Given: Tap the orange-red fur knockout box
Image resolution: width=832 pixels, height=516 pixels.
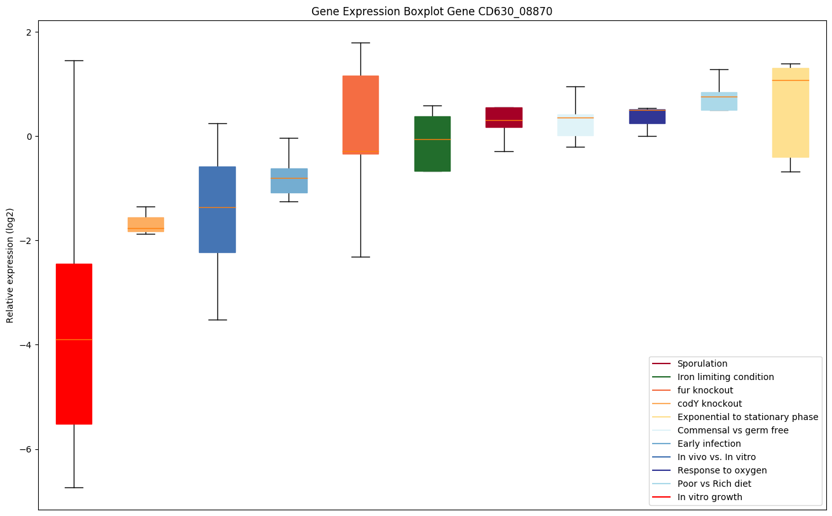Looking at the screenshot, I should [360, 114].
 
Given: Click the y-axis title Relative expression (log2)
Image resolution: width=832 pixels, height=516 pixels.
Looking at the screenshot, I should [10, 265].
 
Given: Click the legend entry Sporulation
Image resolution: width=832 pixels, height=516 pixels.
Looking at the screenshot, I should [702, 364].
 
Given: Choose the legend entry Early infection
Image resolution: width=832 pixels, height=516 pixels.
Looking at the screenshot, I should [709, 444].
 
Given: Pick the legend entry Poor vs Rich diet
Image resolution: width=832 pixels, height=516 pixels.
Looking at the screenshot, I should [714, 484].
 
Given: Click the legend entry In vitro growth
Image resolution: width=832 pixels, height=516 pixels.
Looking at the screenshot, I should [709, 498].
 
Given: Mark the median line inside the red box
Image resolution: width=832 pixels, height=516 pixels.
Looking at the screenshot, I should [74, 340].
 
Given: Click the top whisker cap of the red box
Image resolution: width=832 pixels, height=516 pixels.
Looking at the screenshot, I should [74, 61].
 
